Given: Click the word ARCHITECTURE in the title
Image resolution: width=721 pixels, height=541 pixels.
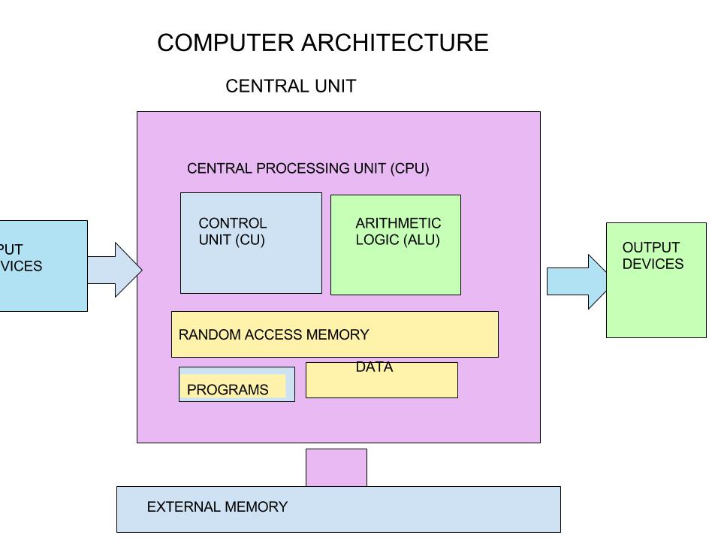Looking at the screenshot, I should (x=395, y=43).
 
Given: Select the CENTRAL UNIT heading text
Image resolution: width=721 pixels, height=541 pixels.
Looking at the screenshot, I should (x=291, y=86).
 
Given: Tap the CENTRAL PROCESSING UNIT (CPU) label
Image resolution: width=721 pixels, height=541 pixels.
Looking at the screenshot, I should (x=308, y=168).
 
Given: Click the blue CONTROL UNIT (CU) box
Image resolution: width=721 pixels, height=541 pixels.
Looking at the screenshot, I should (x=251, y=263).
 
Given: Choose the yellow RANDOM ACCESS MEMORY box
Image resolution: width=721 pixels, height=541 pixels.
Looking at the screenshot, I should (x=334, y=334).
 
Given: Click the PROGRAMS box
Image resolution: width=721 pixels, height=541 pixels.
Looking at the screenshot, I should (x=237, y=385).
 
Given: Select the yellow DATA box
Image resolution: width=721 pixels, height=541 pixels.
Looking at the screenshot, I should (x=382, y=383).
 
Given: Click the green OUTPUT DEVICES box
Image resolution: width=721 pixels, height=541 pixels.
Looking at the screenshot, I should (x=656, y=297).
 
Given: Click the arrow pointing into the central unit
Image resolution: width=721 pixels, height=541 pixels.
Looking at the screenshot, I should (x=116, y=269).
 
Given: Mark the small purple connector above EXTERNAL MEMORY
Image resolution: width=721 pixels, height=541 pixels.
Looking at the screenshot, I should (x=336, y=467).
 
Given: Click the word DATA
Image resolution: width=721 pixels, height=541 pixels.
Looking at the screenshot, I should (x=374, y=367).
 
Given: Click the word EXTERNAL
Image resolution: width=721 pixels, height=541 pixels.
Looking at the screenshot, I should (x=180, y=507).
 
